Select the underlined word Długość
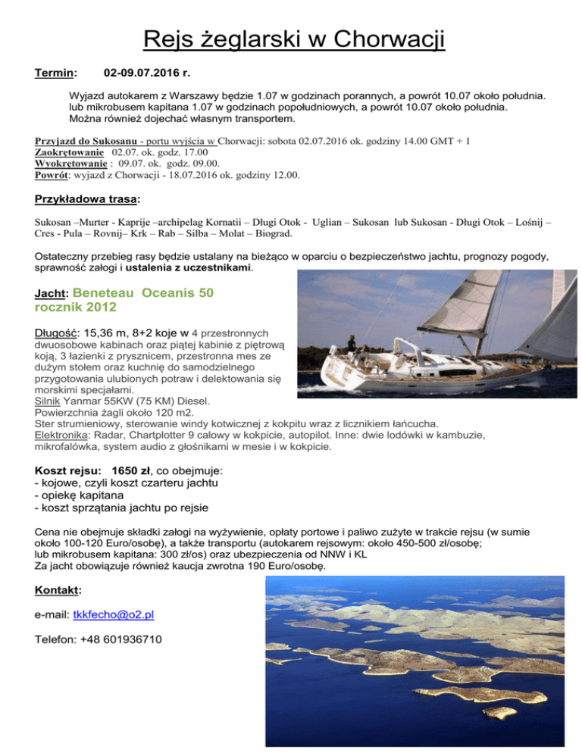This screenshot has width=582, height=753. tap(57, 333)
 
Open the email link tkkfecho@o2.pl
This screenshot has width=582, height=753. tap(119, 614)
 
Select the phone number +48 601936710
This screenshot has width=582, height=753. tap(127, 640)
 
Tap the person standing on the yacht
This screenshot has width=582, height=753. tap(351, 343)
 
